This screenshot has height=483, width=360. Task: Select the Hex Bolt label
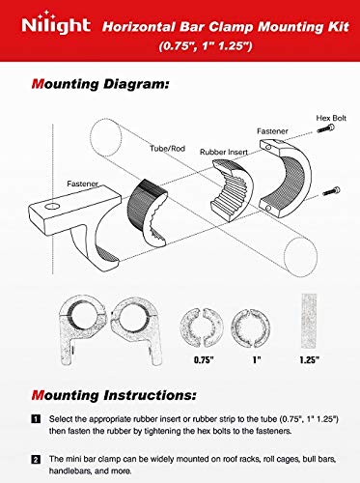coord(329,117)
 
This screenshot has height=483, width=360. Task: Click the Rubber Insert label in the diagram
coord(223,152)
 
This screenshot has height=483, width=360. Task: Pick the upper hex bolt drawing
coord(332,129)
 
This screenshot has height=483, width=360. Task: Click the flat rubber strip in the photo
coord(308,320)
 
